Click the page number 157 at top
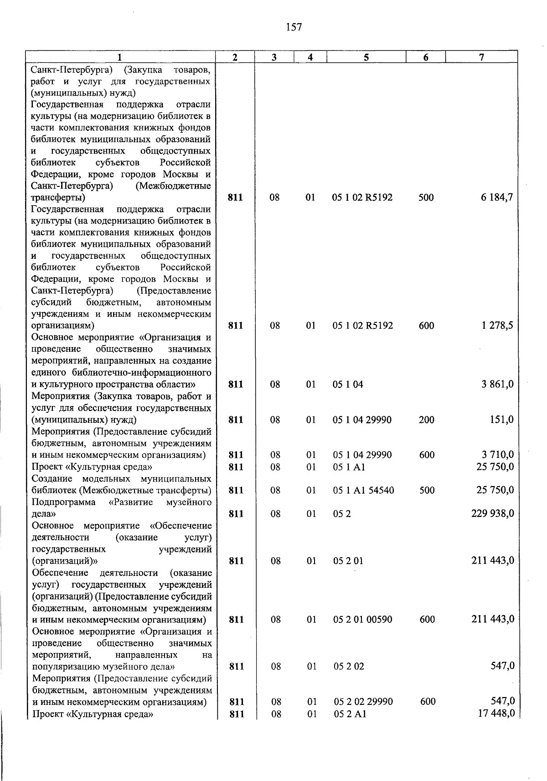[294, 27]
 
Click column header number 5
[366, 57]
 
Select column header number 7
[481, 57]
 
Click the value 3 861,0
[497, 384]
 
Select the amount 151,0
[501, 420]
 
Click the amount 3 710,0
[497, 455]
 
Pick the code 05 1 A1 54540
[363, 490]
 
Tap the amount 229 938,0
[493, 514]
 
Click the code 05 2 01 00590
[362, 619]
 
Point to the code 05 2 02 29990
[363, 702]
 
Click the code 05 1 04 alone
[348, 384]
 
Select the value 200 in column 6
[426, 420]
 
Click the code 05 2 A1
[350, 714]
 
